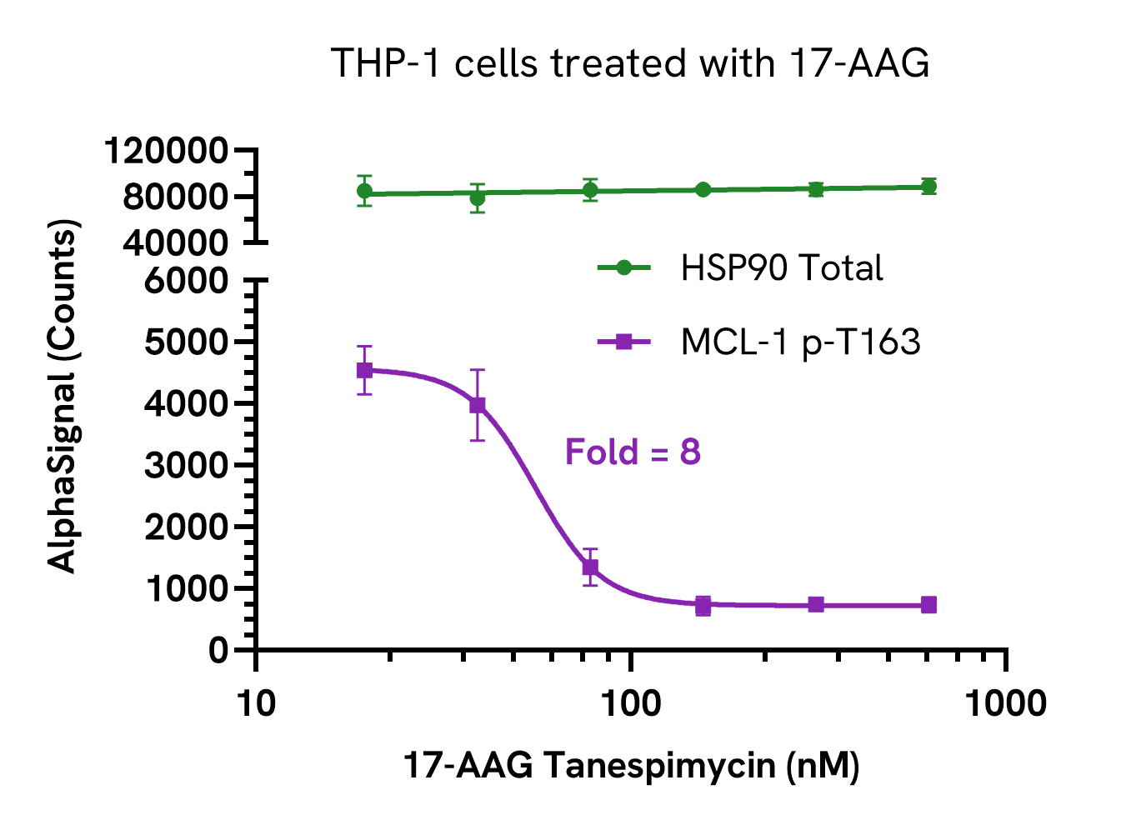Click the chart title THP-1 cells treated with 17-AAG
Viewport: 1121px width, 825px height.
tap(630, 63)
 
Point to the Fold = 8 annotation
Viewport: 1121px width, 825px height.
tap(633, 452)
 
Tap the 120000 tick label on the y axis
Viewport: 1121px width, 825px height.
tap(166, 152)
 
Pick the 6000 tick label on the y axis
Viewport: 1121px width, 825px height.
tap(186, 281)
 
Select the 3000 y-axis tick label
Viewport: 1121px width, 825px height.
tap(186, 465)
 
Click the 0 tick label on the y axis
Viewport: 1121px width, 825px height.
tap(218, 650)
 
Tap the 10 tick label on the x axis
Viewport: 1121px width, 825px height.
tap(256, 704)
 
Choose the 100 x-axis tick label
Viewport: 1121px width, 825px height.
tap(631, 704)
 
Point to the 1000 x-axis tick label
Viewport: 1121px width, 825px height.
tap(1006, 704)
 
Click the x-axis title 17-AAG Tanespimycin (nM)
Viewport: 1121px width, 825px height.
tap(631, 765)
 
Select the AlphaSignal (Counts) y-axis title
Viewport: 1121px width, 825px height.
tap(63, 396)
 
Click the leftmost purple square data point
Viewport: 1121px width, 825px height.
tap(364, 370)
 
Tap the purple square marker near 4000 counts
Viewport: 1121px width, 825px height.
tap(478, 405)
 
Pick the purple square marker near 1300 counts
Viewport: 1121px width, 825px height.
tap(590, 567)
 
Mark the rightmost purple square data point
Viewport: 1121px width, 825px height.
tap(928, 605)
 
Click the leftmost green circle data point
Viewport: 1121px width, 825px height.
tap(364, 191)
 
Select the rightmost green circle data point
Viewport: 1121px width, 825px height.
tap(928, 187)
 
